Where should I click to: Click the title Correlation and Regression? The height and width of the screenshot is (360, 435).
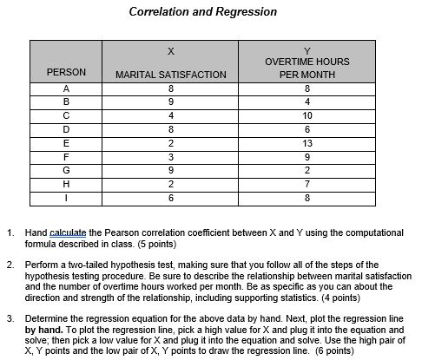coord(202,13)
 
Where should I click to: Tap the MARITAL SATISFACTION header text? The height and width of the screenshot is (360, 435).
coord(171,75)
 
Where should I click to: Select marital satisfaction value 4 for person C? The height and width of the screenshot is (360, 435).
coord(171,115)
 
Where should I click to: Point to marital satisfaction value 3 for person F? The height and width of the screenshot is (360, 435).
coord(171,157)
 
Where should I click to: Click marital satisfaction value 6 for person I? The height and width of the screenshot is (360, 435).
coord(171,198)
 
